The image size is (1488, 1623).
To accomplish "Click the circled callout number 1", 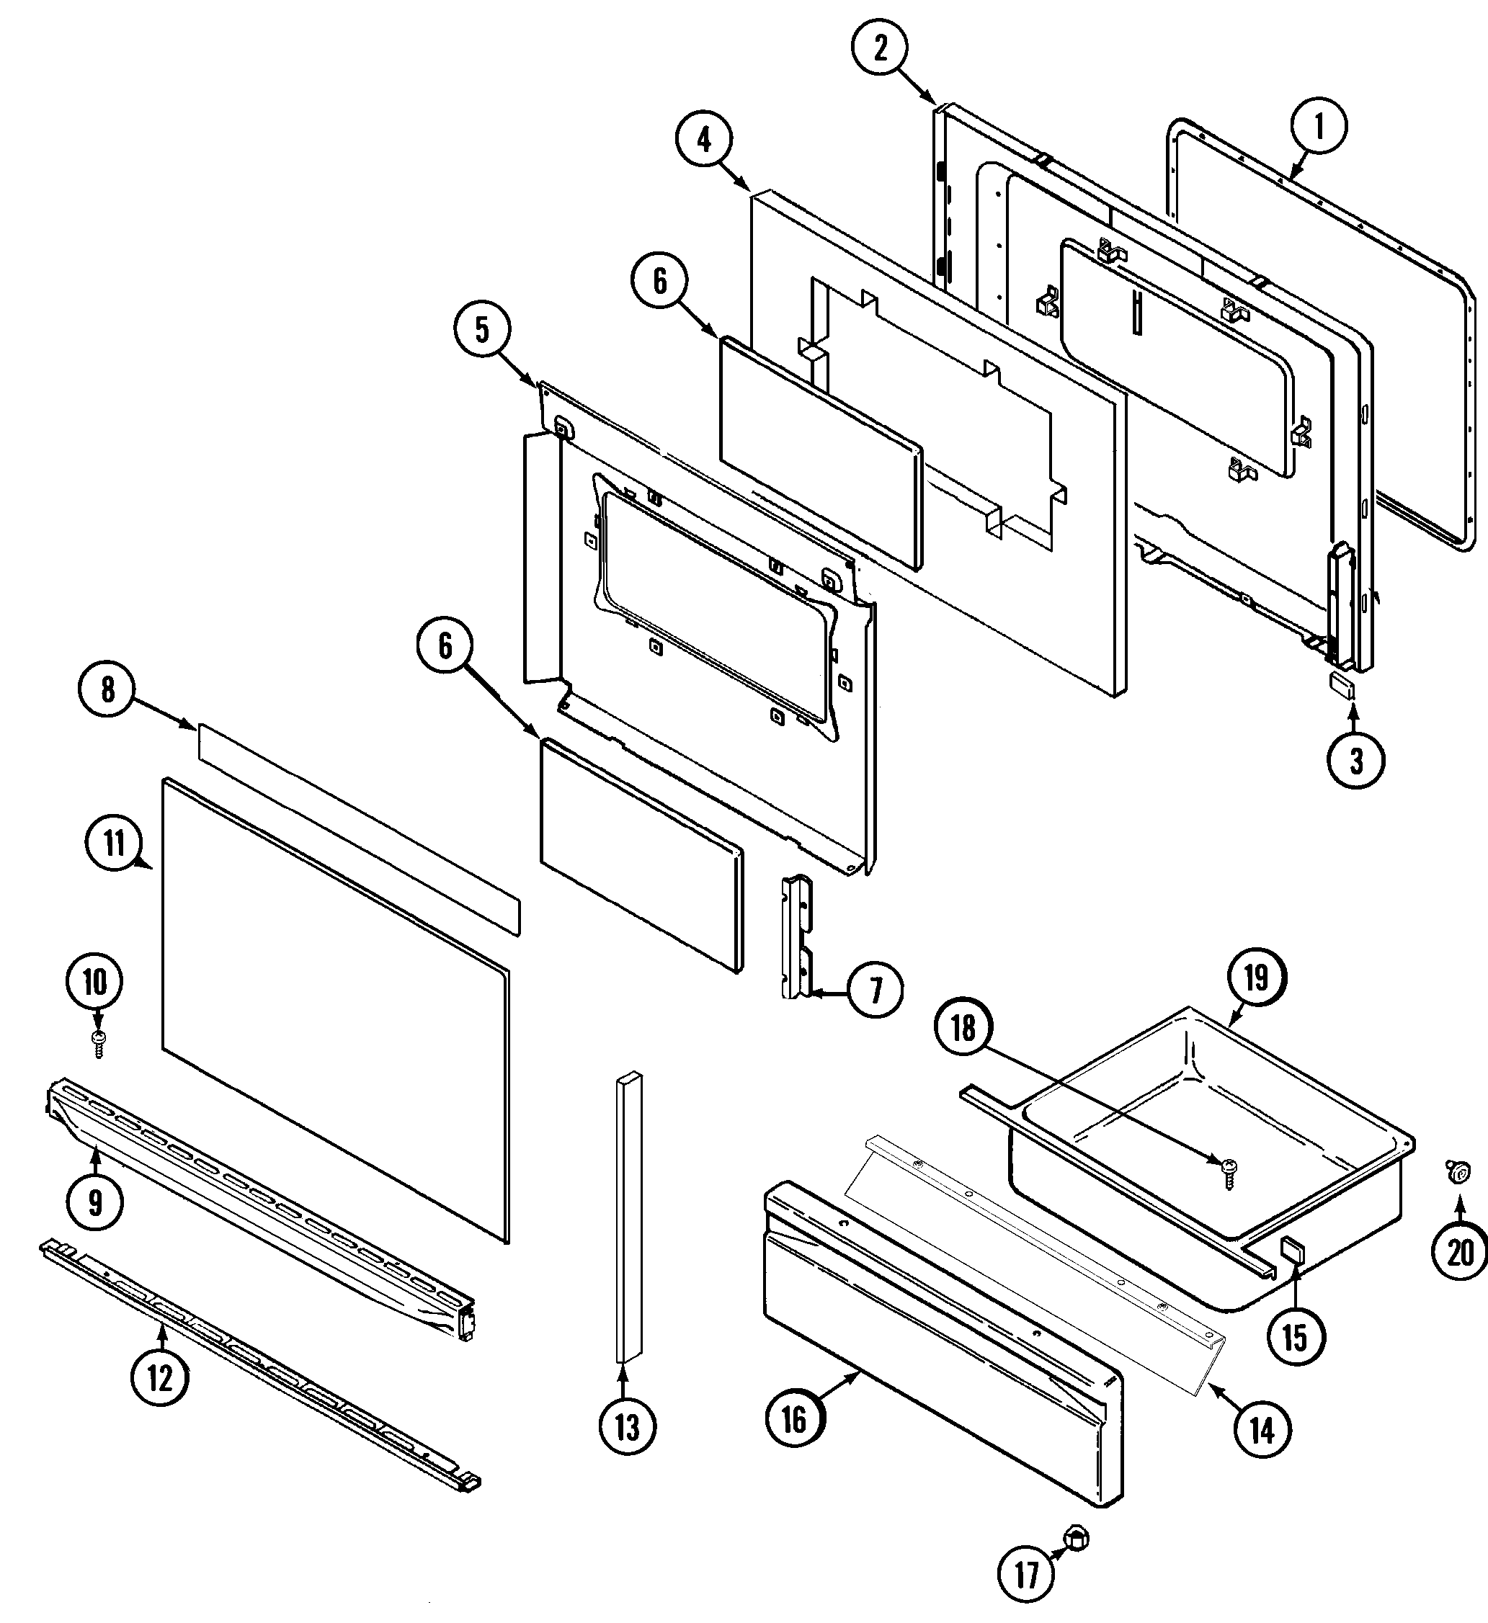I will pos(1318,125).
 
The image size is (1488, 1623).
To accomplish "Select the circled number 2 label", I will pos(880,48).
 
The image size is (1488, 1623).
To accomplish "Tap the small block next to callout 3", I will pos(1342,684).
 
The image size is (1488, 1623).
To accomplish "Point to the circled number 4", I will pos(705,140).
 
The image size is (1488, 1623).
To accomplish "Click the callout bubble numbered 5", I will pos(481,329).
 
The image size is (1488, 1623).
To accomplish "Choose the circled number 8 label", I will pos(108,690).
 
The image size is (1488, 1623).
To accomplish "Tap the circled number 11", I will pos(114,844).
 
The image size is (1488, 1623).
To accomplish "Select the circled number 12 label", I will pos(159,1378).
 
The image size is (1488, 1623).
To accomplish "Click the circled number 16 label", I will pos(794,1419).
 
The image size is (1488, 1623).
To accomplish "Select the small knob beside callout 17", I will pos(1077,1539).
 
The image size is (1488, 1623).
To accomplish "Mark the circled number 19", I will pos(1256,979).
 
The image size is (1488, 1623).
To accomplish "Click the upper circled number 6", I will pos(660,281).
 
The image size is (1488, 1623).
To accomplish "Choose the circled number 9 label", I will pos(95,1202).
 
